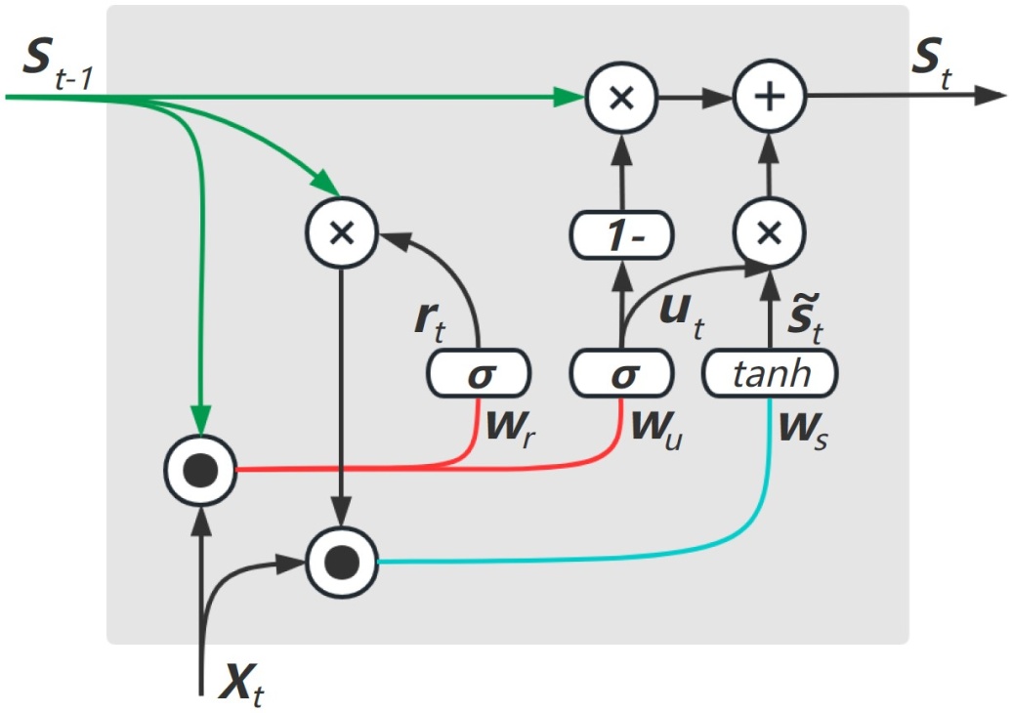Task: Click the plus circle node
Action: (768, 98)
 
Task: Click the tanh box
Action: (770, 373)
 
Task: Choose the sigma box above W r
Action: (478, 374)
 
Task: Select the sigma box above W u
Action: (621, 374)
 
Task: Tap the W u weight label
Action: (657, 430)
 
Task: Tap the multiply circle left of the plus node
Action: (621, 98)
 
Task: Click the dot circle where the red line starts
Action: (200, 471)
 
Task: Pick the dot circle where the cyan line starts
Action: (341, 561)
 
